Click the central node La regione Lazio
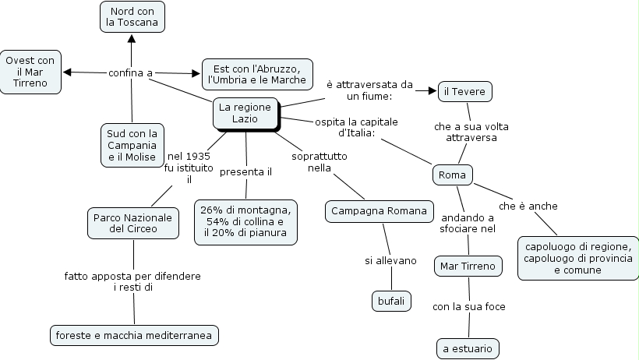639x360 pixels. [x=245, y=113]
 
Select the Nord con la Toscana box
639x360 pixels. [x=132, y=16]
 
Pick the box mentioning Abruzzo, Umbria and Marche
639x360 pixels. [x=257, y=74]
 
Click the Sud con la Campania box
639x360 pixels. [x=132, y=145]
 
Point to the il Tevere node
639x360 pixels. [x=464, y=92]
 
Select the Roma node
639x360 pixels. [x=452, y=175]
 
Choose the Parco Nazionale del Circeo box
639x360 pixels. [x=132, y=222]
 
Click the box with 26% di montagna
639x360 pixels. [x=245, y=221]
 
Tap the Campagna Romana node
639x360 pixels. [x=379, y=211]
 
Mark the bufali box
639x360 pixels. [x=390, y=301]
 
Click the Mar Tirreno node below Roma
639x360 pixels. [x=468, y=266]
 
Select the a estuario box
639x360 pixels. [x=468, y=349]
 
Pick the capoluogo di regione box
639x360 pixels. [x=577, y=257]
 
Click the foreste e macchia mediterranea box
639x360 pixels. [x=134, y=336]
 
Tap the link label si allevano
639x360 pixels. [x=390, y=260]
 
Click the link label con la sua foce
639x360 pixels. [x=469, y=306]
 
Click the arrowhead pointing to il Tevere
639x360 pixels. [x=432, y=91]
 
